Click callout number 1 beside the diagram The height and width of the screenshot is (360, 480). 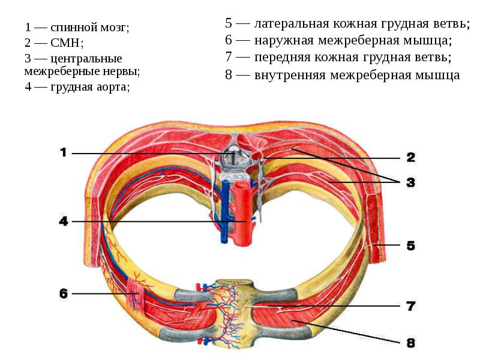click(64, 153)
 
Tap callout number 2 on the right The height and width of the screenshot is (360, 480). click(410, 158)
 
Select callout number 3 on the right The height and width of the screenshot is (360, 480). click(410, 182)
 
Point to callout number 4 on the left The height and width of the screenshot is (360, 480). click(64, 221)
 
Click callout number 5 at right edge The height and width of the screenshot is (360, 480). click(410, 245)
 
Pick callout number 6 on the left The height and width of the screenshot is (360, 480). click(64, 293)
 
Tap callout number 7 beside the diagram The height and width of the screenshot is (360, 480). click(410, 306)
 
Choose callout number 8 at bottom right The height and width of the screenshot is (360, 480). click(410, 343)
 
